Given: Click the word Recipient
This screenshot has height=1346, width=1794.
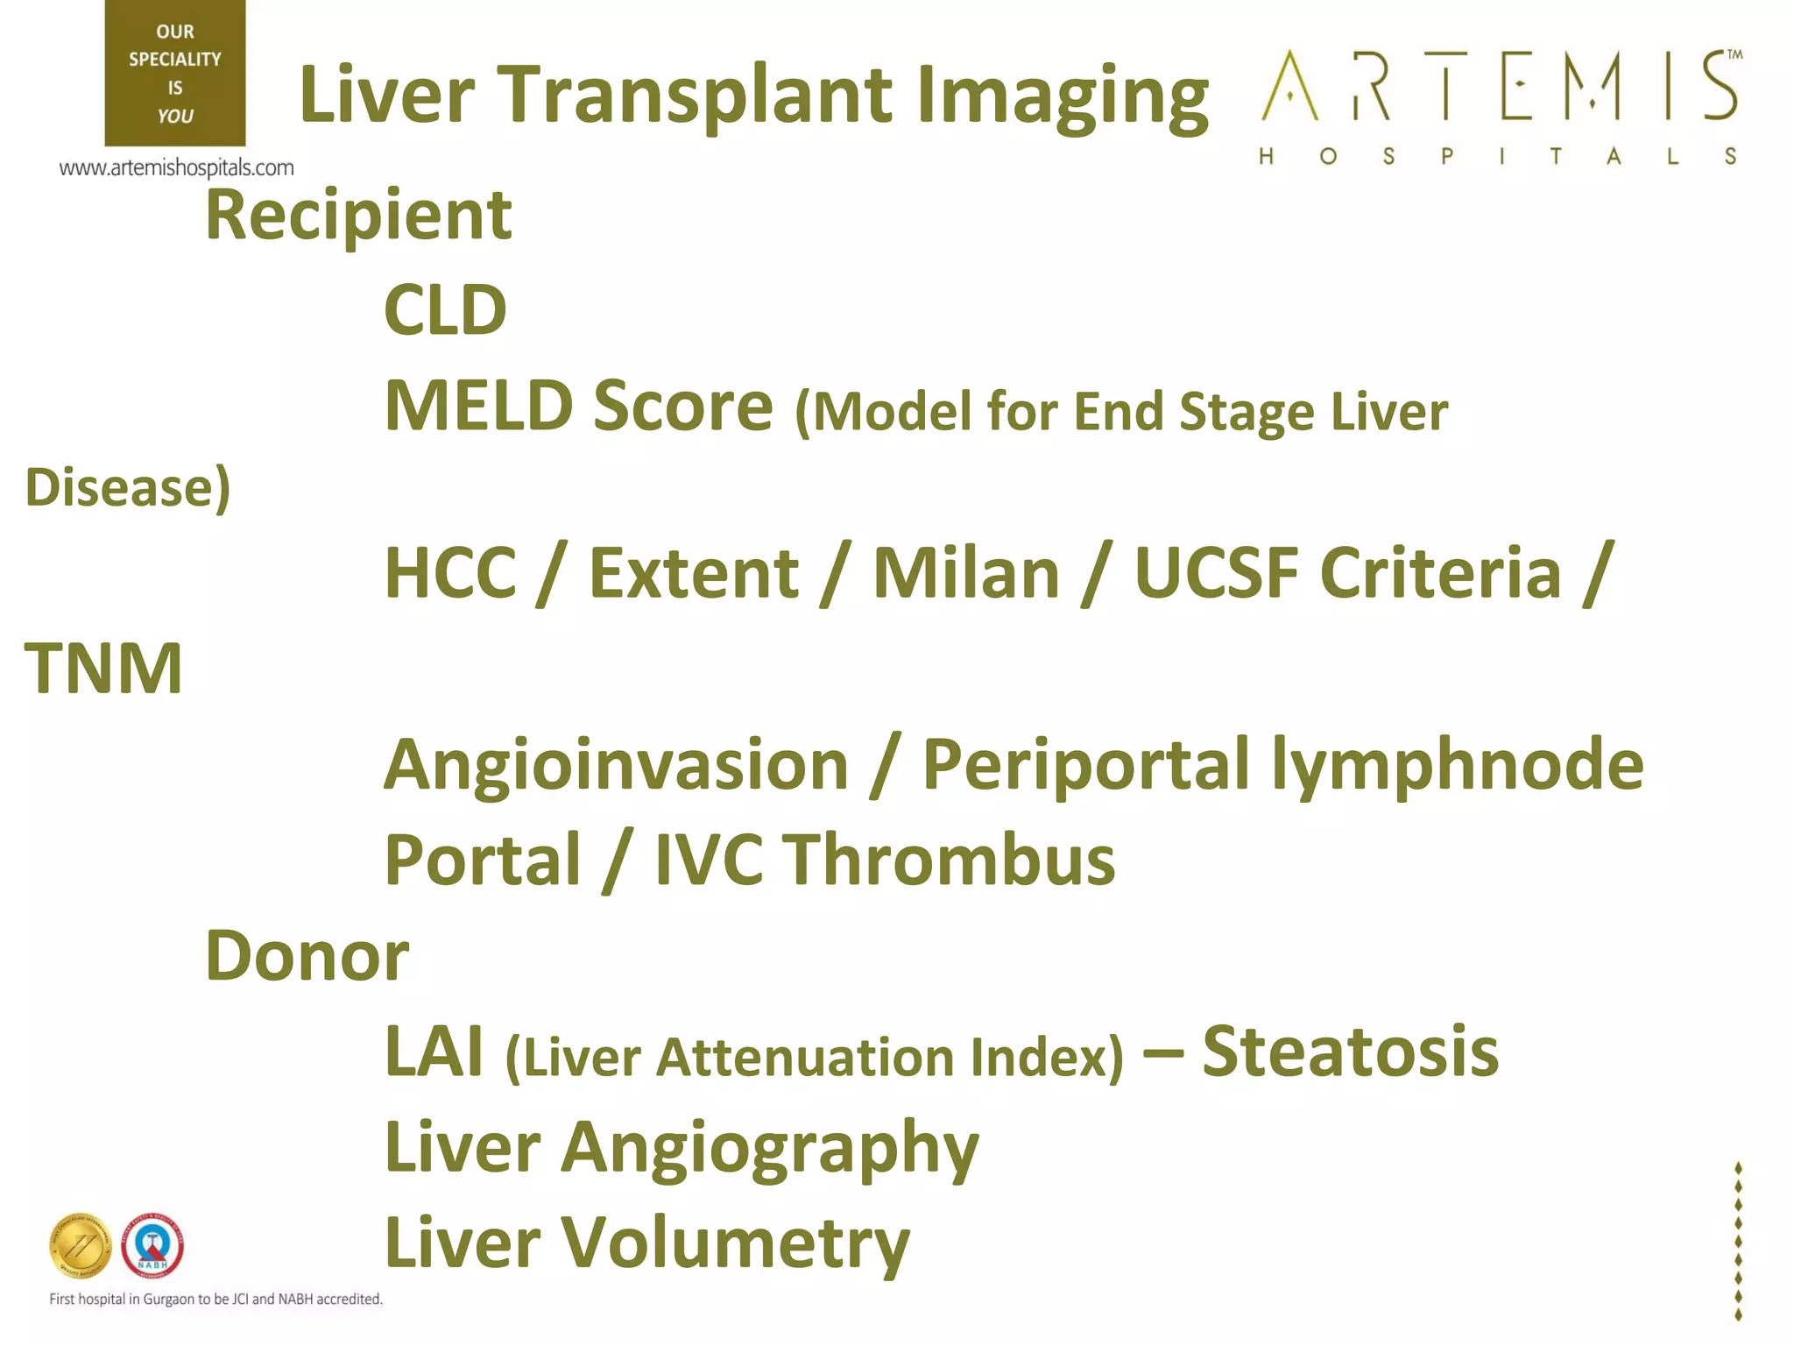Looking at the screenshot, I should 358,216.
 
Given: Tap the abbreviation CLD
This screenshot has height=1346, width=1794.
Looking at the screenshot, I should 445,310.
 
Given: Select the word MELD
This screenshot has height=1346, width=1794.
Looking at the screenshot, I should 478,406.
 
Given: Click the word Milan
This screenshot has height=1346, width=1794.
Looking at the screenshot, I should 965,573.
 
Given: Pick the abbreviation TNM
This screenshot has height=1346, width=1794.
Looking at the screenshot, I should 103,669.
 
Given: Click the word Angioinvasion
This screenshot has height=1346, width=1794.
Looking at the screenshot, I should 616,765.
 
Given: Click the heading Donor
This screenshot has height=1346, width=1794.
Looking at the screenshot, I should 307,956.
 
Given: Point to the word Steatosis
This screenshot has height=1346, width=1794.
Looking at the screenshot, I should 1350,1052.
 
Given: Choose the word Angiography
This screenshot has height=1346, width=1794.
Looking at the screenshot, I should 769,1149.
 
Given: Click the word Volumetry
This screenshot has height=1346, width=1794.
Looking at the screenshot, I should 734,1243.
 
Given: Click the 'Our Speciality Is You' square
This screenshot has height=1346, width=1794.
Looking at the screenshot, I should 175,73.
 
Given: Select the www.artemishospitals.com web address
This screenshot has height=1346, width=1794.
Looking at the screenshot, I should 176,167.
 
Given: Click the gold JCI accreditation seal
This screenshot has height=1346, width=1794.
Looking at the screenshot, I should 81,1245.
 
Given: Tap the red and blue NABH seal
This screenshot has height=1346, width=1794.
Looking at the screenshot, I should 152,1245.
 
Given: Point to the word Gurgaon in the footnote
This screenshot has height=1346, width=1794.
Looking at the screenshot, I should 169,1300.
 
